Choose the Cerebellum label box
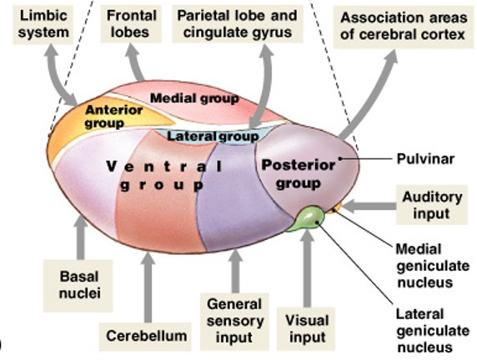click(146, 336)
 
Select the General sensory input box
click(234, 321)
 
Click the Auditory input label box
click(430, 205)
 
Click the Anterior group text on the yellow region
click(115, 116)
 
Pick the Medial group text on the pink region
click(193, 98)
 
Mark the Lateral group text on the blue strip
click(213, 135)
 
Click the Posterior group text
click(298, 173)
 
